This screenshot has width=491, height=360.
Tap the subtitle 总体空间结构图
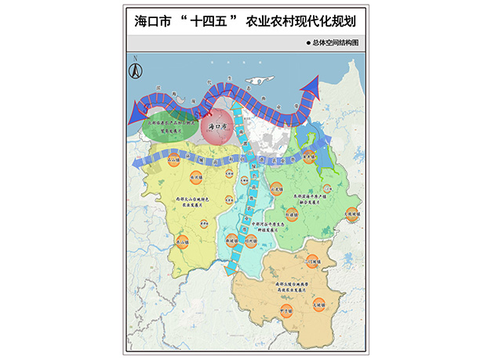(x=336, y=43)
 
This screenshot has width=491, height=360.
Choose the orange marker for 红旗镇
(x=291, y=212)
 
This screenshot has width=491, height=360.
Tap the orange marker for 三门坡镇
(x=315, y=261)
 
